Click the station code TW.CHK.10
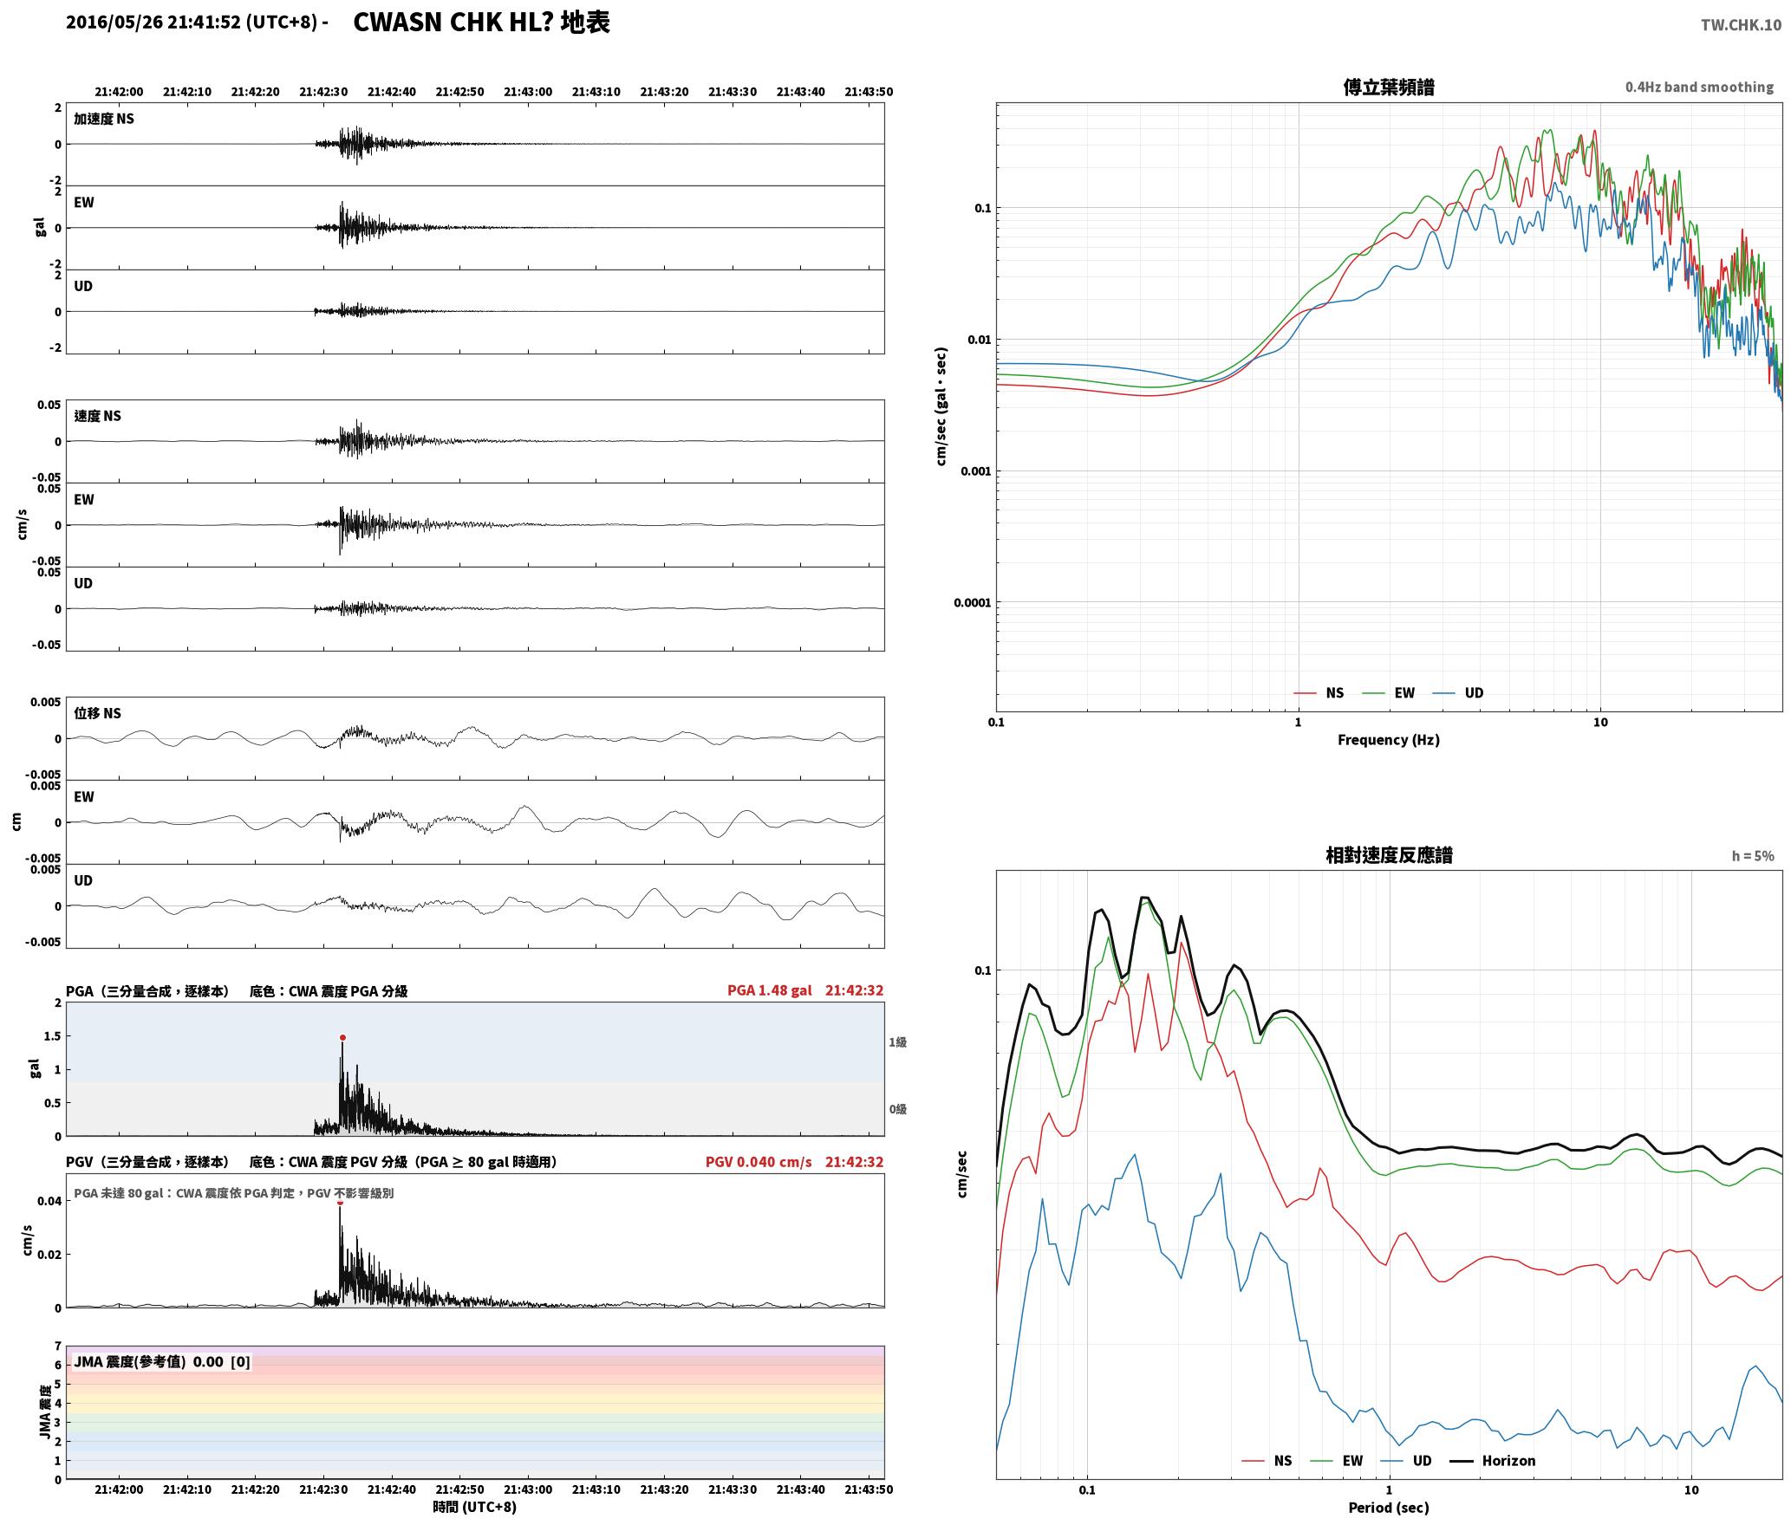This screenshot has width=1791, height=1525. (x=1741, y=24)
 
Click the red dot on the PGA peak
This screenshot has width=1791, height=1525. (x=342, y=1037)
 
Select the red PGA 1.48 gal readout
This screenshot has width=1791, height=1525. (x=769, y=990)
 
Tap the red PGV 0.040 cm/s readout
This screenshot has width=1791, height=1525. (x=759, y=1162)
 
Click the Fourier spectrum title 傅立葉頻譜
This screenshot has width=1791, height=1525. (x=1388, y=88)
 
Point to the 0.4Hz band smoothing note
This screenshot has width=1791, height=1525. (x=1699, y=88)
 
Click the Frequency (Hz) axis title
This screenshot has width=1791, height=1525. (x=1388, y=740)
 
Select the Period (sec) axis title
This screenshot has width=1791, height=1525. (x=1388, y=1508)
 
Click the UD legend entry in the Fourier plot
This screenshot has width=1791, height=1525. (x=1458, y=693)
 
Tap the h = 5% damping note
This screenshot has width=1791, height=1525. (x=1753, y=856)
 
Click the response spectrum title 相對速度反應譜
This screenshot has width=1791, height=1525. (x=1388, y=855)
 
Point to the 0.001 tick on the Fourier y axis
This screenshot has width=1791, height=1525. (x=974, y=471)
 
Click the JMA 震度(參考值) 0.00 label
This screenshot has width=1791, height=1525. (x=162, y=1362)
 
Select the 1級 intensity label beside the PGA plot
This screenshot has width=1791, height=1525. (x=897, y=1042)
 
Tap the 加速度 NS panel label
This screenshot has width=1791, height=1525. (x=104, y=119)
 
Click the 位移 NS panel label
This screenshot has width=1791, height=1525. (x=97, y=713)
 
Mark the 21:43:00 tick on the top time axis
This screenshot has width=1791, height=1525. (x=528, y=92)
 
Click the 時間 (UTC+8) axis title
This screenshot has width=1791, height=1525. (x=475, y=1507)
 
